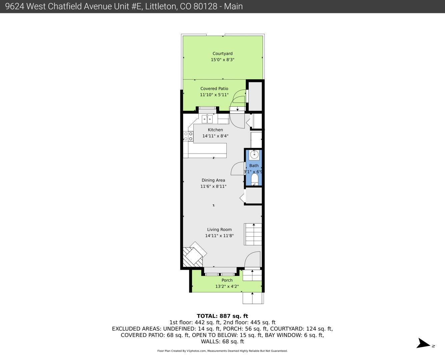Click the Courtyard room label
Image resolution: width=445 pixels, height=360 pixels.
point(223,53)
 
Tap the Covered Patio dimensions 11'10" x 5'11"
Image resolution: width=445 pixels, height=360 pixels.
point(214,95)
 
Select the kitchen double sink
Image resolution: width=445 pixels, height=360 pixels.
point(207,119)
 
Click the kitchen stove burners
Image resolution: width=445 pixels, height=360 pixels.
point(188,136)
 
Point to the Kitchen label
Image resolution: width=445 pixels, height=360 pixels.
point(215,130)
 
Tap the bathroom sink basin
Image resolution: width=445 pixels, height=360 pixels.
point(254,155)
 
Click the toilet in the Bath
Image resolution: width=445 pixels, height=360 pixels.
point(254,179)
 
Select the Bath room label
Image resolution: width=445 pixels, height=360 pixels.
point(254,166)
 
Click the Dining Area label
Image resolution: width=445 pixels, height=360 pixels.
point(213,180)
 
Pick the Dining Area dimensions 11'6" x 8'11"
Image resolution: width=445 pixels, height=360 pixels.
point(213,186)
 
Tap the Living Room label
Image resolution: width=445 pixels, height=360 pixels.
point(219,229)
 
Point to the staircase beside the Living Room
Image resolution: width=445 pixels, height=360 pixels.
point(253,234)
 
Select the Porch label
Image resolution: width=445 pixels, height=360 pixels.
point(227,280)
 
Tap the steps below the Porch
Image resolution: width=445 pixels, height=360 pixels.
point(253,298)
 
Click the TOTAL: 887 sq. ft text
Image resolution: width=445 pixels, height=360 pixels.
point(222,316)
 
